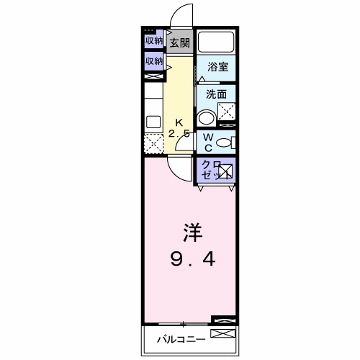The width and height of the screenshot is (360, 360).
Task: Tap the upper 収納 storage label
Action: point(153,41)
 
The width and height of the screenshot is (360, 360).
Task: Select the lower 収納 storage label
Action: point(153,62)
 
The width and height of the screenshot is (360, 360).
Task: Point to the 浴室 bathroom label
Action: point(217,67)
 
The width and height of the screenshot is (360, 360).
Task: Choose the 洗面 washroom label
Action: point(216,94)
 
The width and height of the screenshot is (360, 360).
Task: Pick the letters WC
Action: point(207,142)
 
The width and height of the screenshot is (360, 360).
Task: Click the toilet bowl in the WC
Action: point(225,142)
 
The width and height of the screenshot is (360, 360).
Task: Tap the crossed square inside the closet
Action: point(225,171)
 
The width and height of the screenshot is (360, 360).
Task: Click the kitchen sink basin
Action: point(153,120)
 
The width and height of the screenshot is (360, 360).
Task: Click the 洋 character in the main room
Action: point(191,234)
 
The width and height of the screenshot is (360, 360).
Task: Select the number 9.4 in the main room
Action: point(191,258)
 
